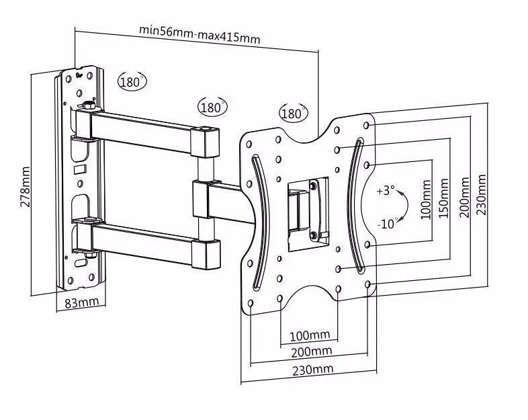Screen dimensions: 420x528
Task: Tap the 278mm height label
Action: point(25,186)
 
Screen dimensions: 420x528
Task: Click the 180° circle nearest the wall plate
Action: point(132,82)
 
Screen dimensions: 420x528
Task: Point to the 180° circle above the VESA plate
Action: point(293,114)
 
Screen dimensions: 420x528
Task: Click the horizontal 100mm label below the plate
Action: point(309,335)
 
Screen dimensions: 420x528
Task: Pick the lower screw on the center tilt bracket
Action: point(313,234)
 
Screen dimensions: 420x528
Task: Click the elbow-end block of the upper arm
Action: point(206,142)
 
